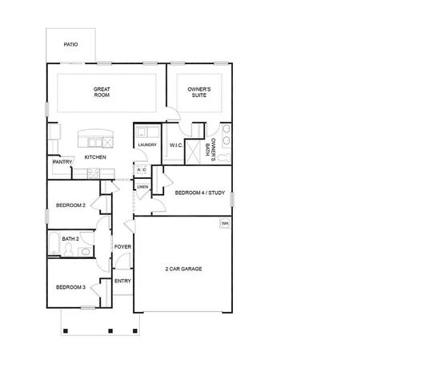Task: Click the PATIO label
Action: [70, 45]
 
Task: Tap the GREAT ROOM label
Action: [102, 92]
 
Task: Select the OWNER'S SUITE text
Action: [199, 92]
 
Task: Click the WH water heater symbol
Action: [225, 224]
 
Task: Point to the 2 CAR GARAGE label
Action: [183, 269]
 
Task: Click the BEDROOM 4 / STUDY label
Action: [200, 192]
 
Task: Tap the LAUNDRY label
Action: [147, 145]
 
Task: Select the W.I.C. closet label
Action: [176, 146]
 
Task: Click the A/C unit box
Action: [142, 170]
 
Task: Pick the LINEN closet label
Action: [142, 187]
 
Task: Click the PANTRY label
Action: [62, 162]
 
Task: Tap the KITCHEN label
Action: [95, 157]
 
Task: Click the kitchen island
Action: [95, 138]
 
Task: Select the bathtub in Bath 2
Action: [54, 244]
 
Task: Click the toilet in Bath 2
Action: [68, 249]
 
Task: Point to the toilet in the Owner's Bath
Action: [226, 157]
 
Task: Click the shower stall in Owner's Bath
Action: [193, 152]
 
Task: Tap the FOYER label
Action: [122, 247]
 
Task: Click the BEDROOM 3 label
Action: [70, 287]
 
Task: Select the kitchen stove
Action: [94, 173]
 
